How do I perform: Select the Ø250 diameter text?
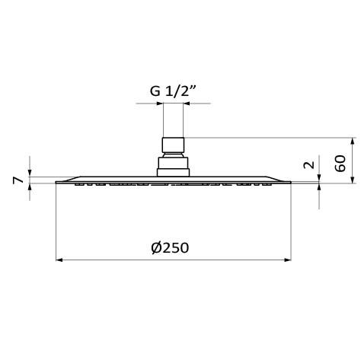coord(171,248)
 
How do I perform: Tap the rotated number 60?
coord(340,162)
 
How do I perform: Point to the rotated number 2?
coord(307,165)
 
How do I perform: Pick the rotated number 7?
coord(17,180)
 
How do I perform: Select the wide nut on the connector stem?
coord(174,145)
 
